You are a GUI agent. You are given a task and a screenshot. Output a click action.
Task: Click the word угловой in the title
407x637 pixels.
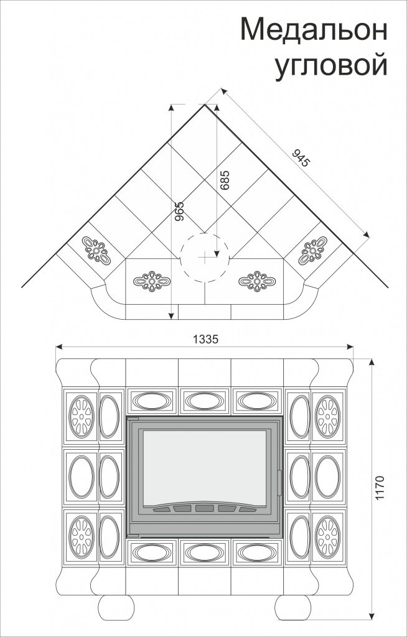coord(331,64)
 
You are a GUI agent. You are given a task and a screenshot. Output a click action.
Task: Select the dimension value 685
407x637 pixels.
coord(225,180)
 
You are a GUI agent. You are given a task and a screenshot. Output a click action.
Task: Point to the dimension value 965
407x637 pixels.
coord(179,212)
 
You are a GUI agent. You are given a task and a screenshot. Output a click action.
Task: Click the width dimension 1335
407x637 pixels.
coord(205,339)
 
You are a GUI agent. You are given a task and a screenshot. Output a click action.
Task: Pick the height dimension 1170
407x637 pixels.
coord(380,489)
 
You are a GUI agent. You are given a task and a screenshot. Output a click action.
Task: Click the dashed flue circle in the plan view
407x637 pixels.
coord(205,256)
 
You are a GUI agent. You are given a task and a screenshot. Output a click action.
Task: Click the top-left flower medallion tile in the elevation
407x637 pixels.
coord(80,416)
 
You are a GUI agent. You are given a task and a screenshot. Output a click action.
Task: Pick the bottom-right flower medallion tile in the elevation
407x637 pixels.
coord(327,535)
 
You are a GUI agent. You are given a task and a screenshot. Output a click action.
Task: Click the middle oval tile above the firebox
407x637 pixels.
coord(205,402)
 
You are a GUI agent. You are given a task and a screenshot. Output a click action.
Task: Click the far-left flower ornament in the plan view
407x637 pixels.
coord(96,249)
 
